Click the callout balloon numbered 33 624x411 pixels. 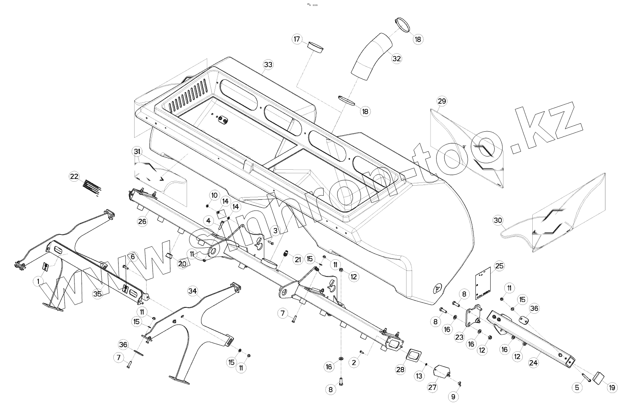click(x=268, y=64)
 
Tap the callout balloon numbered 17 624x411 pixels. click(x=297, y=39)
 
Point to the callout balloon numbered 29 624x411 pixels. click(x=442, y=101)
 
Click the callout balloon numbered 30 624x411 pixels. click(x=498, y=221)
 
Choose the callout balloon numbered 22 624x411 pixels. click(x=74, y=176)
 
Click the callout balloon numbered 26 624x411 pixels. click(x=143, y=221)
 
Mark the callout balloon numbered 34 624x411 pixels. click(x=193, y=291)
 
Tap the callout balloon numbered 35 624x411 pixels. click(x=97, y=294)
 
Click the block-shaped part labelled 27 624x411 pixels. click(x=443, y=372)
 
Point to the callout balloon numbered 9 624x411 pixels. click(x=453, y=397)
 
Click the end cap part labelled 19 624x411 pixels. click(x=598, y=377)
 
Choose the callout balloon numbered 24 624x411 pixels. click(x=533, y=363)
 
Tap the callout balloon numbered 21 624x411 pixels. click(x=298, y=259)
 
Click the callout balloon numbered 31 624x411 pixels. click(x=137, y=152)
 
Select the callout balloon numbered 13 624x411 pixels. click(x=419, y=376)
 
